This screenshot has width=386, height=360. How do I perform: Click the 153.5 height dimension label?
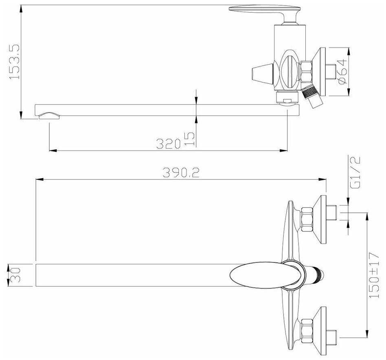[14, 62]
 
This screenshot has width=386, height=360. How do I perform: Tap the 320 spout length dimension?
[169, 144]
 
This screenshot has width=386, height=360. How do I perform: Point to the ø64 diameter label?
[342, 72]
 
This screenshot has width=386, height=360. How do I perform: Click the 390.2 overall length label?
[181, 172]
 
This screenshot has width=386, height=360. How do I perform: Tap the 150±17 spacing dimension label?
[374, 275]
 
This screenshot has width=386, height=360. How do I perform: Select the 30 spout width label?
[14, 275]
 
